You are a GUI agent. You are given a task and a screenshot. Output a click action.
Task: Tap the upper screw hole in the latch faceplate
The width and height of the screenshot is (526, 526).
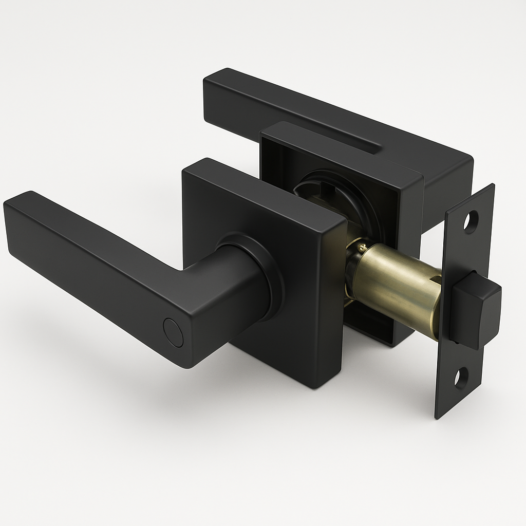(x=470, y=221)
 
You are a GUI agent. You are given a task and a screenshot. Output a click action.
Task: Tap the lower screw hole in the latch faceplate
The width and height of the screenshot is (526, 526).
(x=461, y=379)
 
